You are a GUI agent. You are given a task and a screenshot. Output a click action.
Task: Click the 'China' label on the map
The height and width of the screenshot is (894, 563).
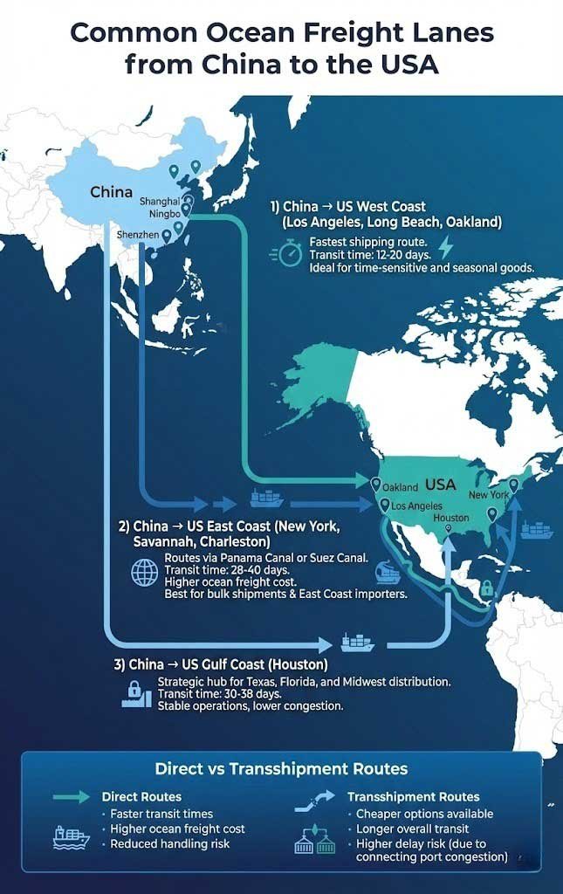tap(112, 192)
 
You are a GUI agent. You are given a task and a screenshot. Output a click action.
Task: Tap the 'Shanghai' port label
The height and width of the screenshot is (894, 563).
tap(160, 202)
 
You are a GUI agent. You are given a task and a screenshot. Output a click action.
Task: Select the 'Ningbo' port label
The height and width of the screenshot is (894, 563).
tap(164, 214)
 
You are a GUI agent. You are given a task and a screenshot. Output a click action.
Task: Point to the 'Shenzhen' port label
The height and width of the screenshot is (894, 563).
tap(137, 236)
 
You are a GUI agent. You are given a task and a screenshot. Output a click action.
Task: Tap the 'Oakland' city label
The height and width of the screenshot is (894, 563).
tap(400, 487)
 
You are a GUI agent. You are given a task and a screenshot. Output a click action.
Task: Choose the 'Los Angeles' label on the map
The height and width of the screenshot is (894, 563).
tap(417, 506)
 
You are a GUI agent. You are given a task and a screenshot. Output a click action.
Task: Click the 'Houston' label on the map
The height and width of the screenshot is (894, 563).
tap(451, 518)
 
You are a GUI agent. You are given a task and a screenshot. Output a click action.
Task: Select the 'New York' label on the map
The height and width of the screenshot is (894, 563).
tap(489, 495)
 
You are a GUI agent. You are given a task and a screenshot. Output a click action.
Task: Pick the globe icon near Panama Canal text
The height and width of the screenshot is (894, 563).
tap(143, 572)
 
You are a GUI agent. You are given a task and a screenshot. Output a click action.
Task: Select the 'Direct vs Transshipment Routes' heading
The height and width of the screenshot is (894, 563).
tap(281, 769)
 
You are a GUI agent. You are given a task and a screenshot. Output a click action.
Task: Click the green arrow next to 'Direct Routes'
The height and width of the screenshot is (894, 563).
tap(72, 797)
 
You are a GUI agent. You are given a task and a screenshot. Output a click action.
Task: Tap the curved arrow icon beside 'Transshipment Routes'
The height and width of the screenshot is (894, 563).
tap(313, 797)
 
